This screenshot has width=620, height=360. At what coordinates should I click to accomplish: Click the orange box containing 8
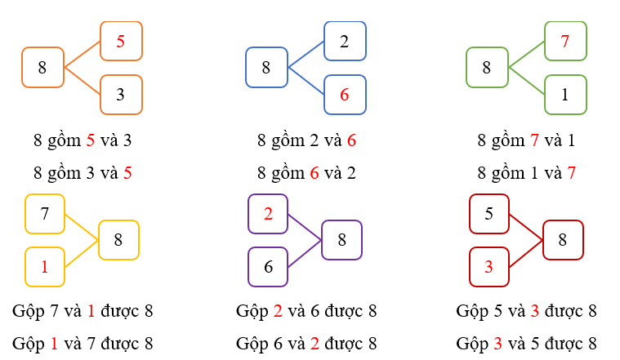click(x=42, y=68)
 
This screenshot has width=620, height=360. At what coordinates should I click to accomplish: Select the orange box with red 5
click(x=121, y=41)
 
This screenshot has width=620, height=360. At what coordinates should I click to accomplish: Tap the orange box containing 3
click(x=121, y=95)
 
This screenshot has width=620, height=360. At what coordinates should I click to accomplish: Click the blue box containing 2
click(x=345, y=41)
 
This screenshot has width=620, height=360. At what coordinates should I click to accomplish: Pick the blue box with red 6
click(x=345, y=95)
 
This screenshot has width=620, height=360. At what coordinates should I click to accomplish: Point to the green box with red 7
click(x=565, y=41)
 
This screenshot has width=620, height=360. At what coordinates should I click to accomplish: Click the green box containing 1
click(x=565, y=95)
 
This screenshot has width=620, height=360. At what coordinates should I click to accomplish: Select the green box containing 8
click(x=487, y=68)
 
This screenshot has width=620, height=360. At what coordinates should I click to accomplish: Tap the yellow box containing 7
click(x=45, y=214)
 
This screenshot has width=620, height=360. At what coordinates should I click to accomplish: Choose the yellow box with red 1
click(x=45, y=267)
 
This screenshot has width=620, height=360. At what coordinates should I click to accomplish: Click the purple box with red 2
click(x=268, y=214)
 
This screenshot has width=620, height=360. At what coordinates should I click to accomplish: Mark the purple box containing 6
click(x=268, y=267)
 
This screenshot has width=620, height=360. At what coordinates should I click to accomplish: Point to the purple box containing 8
click(x=341, y=240)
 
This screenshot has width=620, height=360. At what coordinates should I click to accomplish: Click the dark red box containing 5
click(x=489, y=214)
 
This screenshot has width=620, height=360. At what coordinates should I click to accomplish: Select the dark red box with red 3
click(x=489, y=267)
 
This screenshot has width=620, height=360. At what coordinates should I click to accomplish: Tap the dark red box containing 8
click(x=562, y=240)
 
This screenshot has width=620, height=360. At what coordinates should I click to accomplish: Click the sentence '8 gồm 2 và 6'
click(x=306, y=140)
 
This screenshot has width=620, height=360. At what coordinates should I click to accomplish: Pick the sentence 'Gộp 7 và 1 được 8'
click(x=83, y=311)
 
